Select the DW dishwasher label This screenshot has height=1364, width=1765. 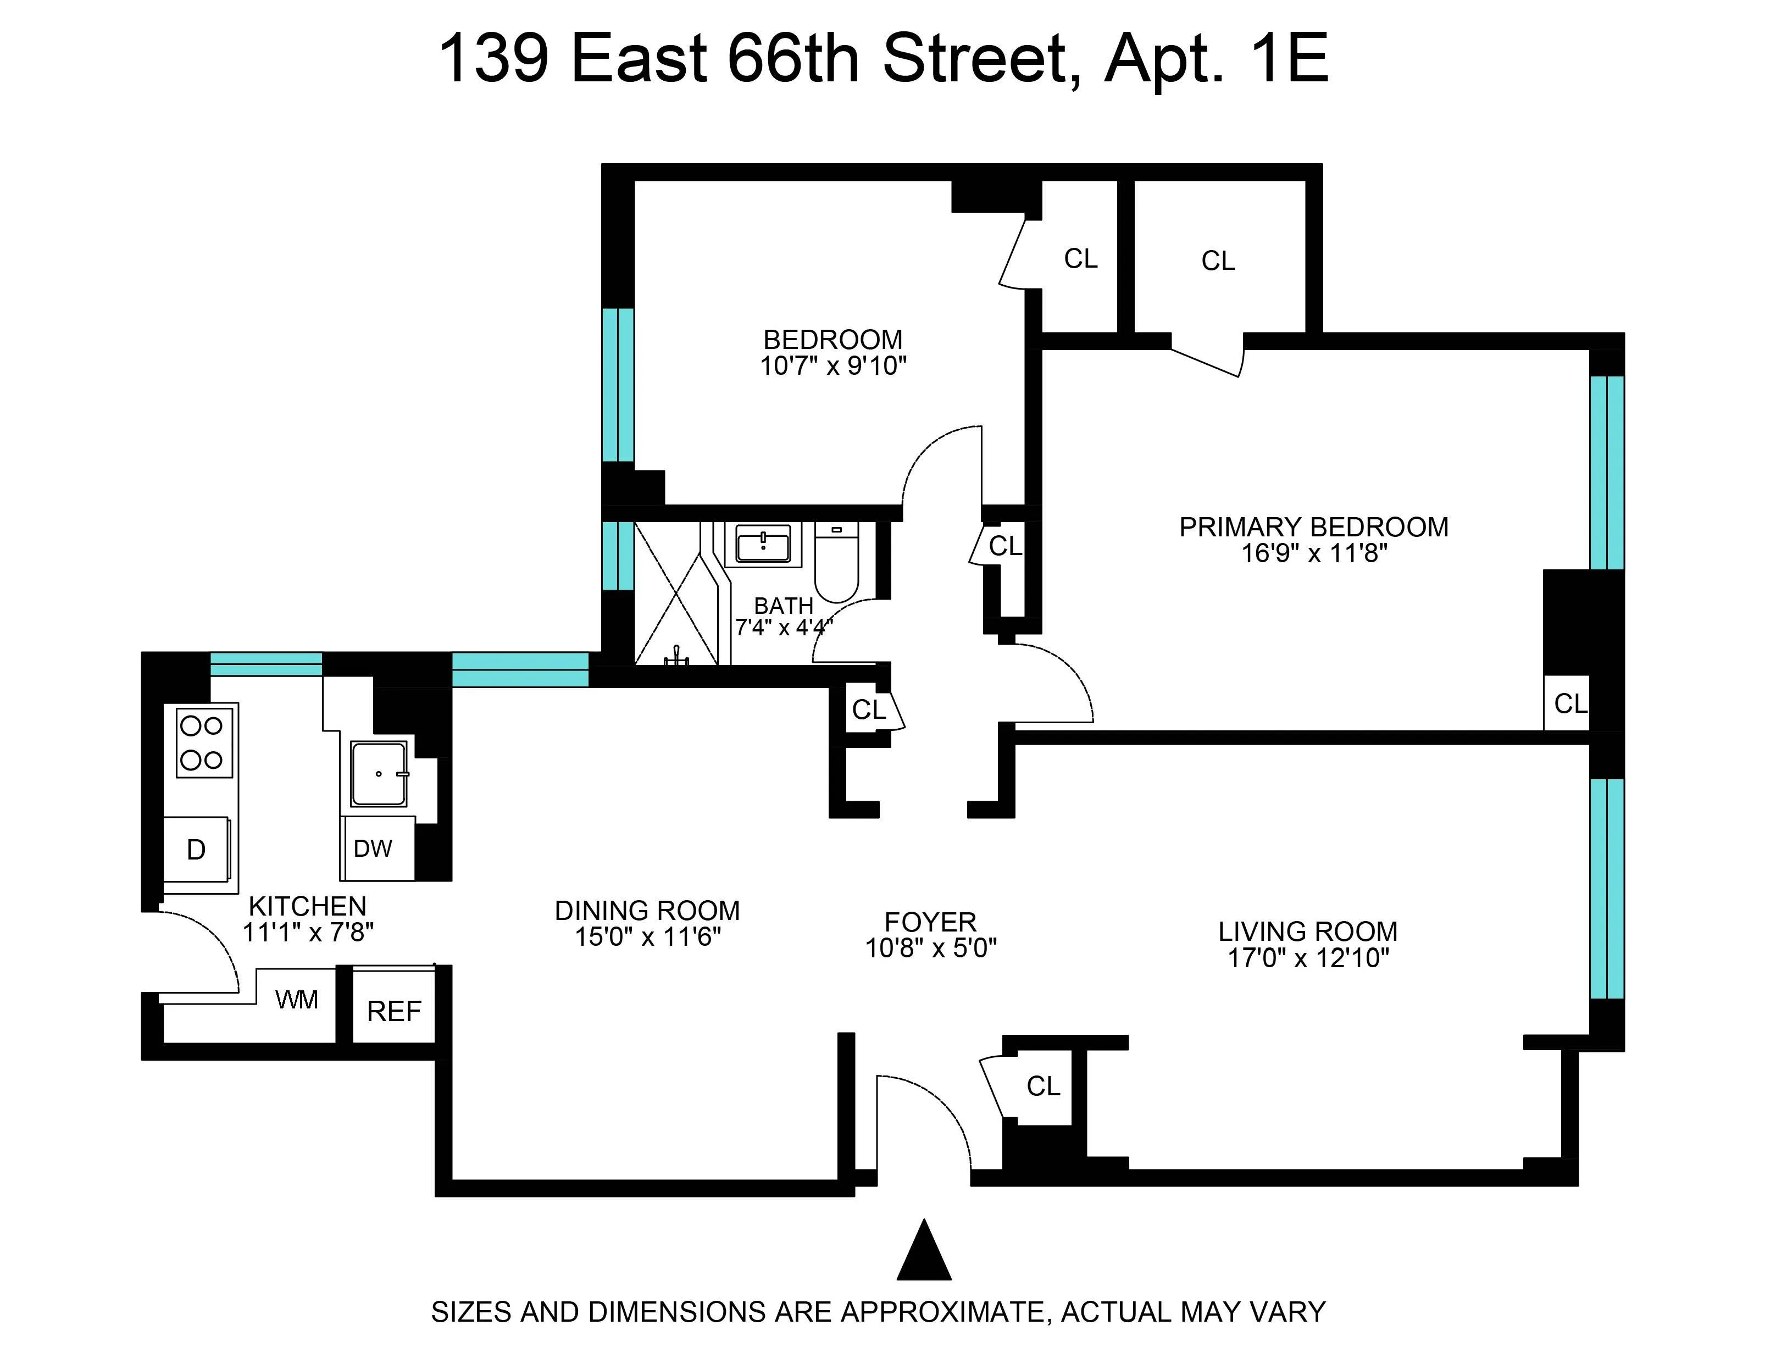click(x=373, y=849)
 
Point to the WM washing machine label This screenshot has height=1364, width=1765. click(x=297, y=1000)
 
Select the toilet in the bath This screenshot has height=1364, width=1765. click(x=836, y=562)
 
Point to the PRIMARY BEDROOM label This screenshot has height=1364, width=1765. click(x=1313, y=527)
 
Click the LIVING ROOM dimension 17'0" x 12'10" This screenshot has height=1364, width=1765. click(x=1308, y=958)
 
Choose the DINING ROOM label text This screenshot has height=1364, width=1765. click(x=647, y=911)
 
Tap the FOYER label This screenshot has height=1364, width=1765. click(x=930, y=922)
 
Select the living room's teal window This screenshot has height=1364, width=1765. click(x=1607, y=889)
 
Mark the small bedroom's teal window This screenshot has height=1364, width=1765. click(x=618, y=385)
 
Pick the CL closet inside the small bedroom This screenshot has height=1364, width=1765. click(x=1080, y=259)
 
